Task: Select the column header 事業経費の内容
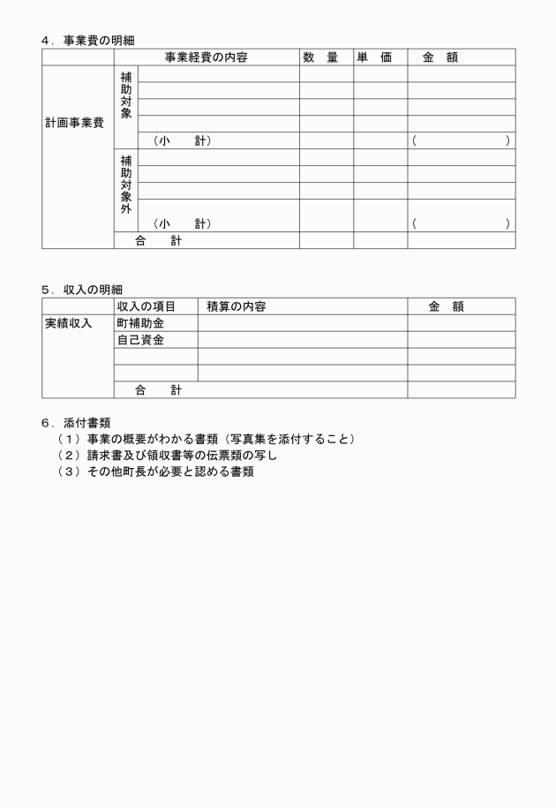click(206, 57)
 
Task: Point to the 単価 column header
click(374, 57)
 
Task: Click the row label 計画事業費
click(74, 123)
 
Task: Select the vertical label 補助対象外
click(126, 185)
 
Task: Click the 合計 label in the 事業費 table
click(158, 241)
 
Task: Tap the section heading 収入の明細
click(93, 289)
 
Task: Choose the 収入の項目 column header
click(147, 306)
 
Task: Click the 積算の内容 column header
click(236, 306)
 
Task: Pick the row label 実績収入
click(69, 323)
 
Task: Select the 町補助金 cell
click(140, 323)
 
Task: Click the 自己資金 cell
click(140, 340)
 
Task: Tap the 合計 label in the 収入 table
click(158, 389)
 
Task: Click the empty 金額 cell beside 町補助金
click(461, 323)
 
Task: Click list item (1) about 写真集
click(207, 439)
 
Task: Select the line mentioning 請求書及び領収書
click(168, 456)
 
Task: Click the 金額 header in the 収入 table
click(446, 306)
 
